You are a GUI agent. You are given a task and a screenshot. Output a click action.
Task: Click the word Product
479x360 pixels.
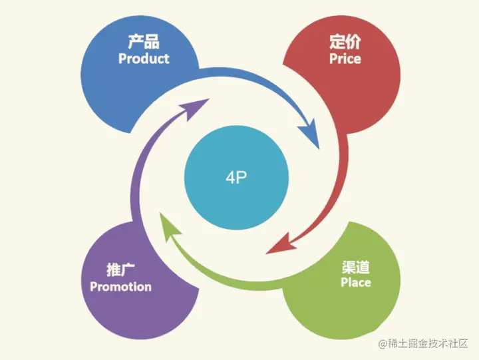[x=144, y=59]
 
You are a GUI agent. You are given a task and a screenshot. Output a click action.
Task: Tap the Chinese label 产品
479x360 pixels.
[x=144, y=42]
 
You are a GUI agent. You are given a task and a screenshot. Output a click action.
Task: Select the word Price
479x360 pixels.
[x=345, y=59]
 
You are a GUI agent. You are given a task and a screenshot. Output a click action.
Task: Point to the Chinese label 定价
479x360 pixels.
[x=345, y=42]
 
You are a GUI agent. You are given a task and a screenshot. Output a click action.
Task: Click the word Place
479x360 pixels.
[x=356, y=283]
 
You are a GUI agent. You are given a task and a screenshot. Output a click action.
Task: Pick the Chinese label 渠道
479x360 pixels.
[x=356, y=267]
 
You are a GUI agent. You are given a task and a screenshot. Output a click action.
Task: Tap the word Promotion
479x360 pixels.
[x=120, y=287]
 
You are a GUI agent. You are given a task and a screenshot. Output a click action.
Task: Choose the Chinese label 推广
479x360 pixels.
[x=120, y=270]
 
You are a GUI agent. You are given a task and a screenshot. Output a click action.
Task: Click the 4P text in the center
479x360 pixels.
[x=236, y=178]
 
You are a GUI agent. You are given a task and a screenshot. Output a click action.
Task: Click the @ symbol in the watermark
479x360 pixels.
[x=383, y=343]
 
